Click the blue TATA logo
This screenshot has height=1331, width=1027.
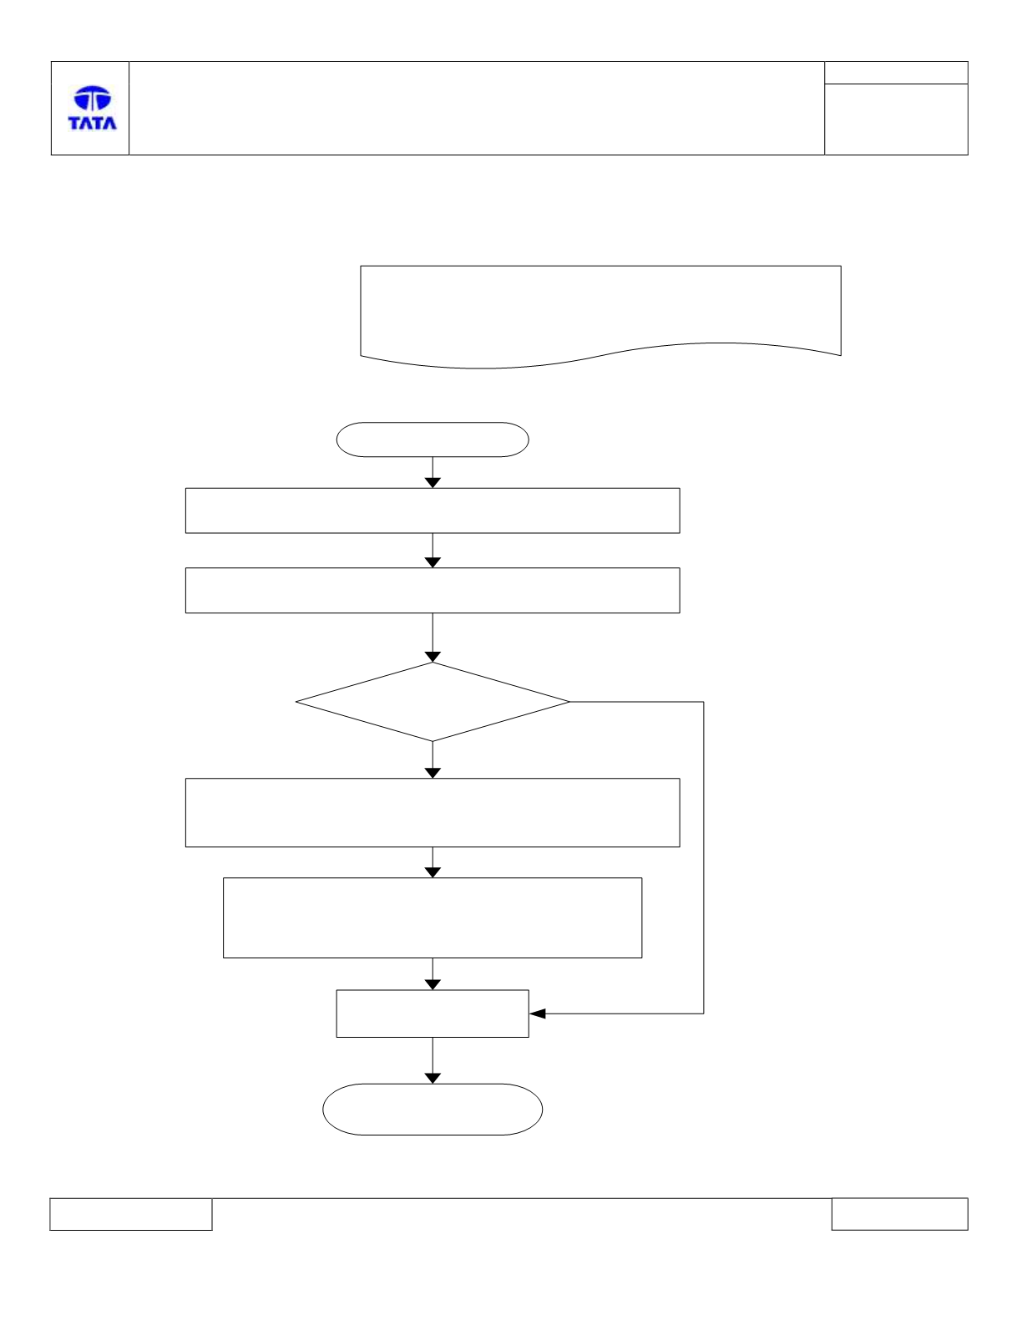click(x=93, y=108)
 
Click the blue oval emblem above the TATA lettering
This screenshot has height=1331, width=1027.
click(x=93, y=98)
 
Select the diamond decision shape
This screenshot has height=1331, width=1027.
click(x=433, y=701)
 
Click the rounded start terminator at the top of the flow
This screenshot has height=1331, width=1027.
click(x=433, y=439)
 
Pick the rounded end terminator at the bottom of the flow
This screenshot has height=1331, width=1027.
click(x=433, y=1110)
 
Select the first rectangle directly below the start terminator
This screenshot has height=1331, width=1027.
click(x=433, y=511)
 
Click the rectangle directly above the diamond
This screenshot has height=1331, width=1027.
click(x=433, y=590)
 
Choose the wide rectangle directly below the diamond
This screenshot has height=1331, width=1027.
click(x=433, y=812)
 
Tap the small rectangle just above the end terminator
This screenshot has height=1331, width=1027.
click(x=433, y=1013)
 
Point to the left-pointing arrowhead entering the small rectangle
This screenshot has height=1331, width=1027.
click(x=538, y=1013)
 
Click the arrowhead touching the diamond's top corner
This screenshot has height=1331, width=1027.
click(x=433, y=658)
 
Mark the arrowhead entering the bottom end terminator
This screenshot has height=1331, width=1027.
click(x=433, y=1078)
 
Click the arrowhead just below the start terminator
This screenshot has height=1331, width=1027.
click(x=433, y=483)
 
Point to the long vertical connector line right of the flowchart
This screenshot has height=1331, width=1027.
click(x=703, y=857)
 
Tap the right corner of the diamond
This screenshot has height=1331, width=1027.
click(x=569, y=701)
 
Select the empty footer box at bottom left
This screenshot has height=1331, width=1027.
click(x=131, y=1214)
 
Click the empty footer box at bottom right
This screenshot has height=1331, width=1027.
click(x=899, y=1213)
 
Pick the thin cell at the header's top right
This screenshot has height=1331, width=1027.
click(x=896, y=73)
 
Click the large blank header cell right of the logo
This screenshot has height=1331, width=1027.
click(x=477, y=108)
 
